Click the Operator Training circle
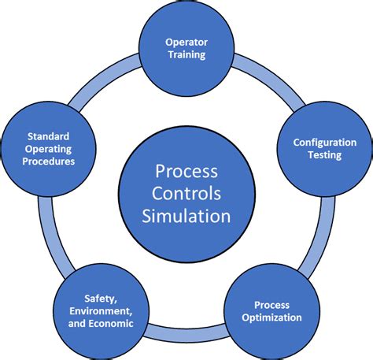(186, 48)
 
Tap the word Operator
(186, 42)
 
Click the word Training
(186, 55)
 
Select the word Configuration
(324, 142)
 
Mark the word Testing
(324, 155)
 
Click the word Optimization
(271, 318)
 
